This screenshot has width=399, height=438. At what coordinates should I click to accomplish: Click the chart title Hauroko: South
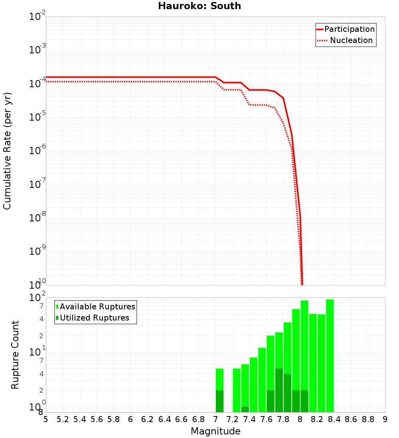(199, 6)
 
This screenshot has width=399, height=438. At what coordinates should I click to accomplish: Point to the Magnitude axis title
(215, 431)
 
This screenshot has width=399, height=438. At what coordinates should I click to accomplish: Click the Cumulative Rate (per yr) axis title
(7, 151)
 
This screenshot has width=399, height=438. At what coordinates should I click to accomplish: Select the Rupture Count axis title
(15, 355)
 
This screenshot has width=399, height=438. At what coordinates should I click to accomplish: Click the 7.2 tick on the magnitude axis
(233, 419)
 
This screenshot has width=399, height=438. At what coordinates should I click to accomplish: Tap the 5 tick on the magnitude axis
(46, 419)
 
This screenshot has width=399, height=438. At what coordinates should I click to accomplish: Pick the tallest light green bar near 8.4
(330, 354)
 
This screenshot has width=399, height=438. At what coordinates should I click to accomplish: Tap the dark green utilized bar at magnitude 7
(219, 401)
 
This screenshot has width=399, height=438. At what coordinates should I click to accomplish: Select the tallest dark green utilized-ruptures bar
(279, 390)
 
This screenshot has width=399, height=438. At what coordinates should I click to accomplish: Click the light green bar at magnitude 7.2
(237, 390)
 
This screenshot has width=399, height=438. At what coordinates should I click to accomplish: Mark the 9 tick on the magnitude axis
(385, 419)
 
